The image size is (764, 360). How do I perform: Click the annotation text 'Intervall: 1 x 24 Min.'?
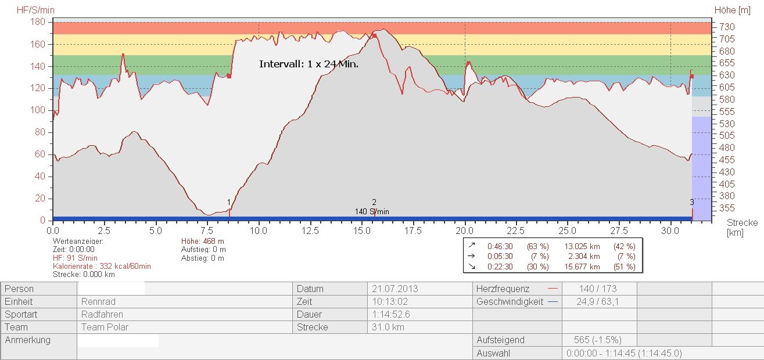[x=309, y=64]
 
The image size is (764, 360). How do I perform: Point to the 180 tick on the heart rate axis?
[x=38, y=22]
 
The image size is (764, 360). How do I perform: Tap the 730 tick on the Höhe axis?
[x=727, y=27]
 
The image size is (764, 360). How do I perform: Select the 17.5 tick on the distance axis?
[x=413, y=231]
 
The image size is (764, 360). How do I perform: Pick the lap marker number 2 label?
[x=374, y=202]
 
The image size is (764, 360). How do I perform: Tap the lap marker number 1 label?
[x=229, y=203]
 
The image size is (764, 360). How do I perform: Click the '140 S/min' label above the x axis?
[x=372, y=211]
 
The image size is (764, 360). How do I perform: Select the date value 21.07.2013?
[x=394, y=289]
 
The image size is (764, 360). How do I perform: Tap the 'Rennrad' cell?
[x=98, y=301]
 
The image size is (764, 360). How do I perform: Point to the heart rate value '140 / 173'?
[x=598, y=289]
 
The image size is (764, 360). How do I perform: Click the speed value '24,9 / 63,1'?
[x=598, y=301]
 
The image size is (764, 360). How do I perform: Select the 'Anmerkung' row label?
[x=27, y=340]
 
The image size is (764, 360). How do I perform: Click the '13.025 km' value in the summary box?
[x=582, y=246]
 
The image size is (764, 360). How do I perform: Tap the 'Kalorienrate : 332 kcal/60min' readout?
[x=102, y=266]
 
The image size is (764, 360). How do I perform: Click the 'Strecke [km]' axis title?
[x=742, y=228]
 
